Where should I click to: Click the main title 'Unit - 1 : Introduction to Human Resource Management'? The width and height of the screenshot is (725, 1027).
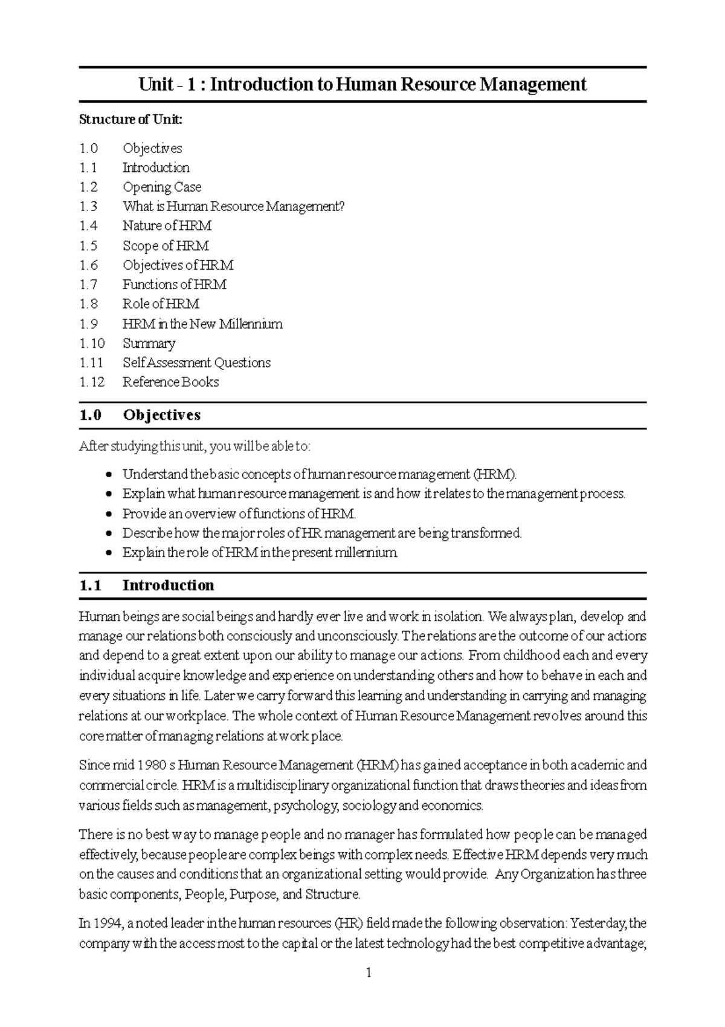(362, 84)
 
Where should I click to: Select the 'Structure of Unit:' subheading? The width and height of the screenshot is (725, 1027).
(130, 119)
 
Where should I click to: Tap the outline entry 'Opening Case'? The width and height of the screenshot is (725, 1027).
(161, 187)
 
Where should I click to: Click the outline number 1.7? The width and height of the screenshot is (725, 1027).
(88, 284)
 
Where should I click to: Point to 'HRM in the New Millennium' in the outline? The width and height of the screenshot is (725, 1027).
(202, 324)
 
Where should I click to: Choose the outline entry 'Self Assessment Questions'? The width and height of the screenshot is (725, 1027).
(196, 362)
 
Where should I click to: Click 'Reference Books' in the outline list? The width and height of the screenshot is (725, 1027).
(170, 382)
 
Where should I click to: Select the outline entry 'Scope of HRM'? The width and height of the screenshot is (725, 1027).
(166, 246)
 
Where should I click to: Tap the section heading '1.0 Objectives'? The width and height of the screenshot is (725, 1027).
(140, 415)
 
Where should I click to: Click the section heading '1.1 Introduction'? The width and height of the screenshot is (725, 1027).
(146, 585)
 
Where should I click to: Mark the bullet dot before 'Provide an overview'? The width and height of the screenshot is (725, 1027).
(109, 514)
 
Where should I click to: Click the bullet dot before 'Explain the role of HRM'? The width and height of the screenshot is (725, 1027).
(109, 553)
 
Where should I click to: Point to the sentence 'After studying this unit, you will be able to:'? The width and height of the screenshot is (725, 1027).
(195, 446)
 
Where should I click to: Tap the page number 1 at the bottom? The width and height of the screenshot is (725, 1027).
(369, 973)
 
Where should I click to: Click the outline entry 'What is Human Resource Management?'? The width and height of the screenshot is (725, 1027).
(233, 206)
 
